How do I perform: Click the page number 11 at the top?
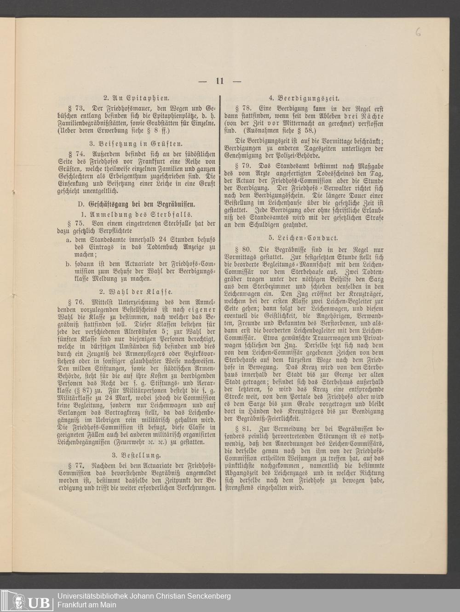tap(219, 81)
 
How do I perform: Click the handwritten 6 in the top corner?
tap(417, 31)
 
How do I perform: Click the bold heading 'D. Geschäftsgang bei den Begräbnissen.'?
tap(137, 204)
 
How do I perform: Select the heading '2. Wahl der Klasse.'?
tap(135, 291)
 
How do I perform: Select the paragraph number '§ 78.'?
tap(242, 108)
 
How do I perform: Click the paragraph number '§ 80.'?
tap(242, 249)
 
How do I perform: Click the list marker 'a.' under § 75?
tap(68, 240)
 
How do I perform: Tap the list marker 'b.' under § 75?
tap(68, 263)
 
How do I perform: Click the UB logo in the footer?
tap(28, 600)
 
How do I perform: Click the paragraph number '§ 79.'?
tap(242, 165)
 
